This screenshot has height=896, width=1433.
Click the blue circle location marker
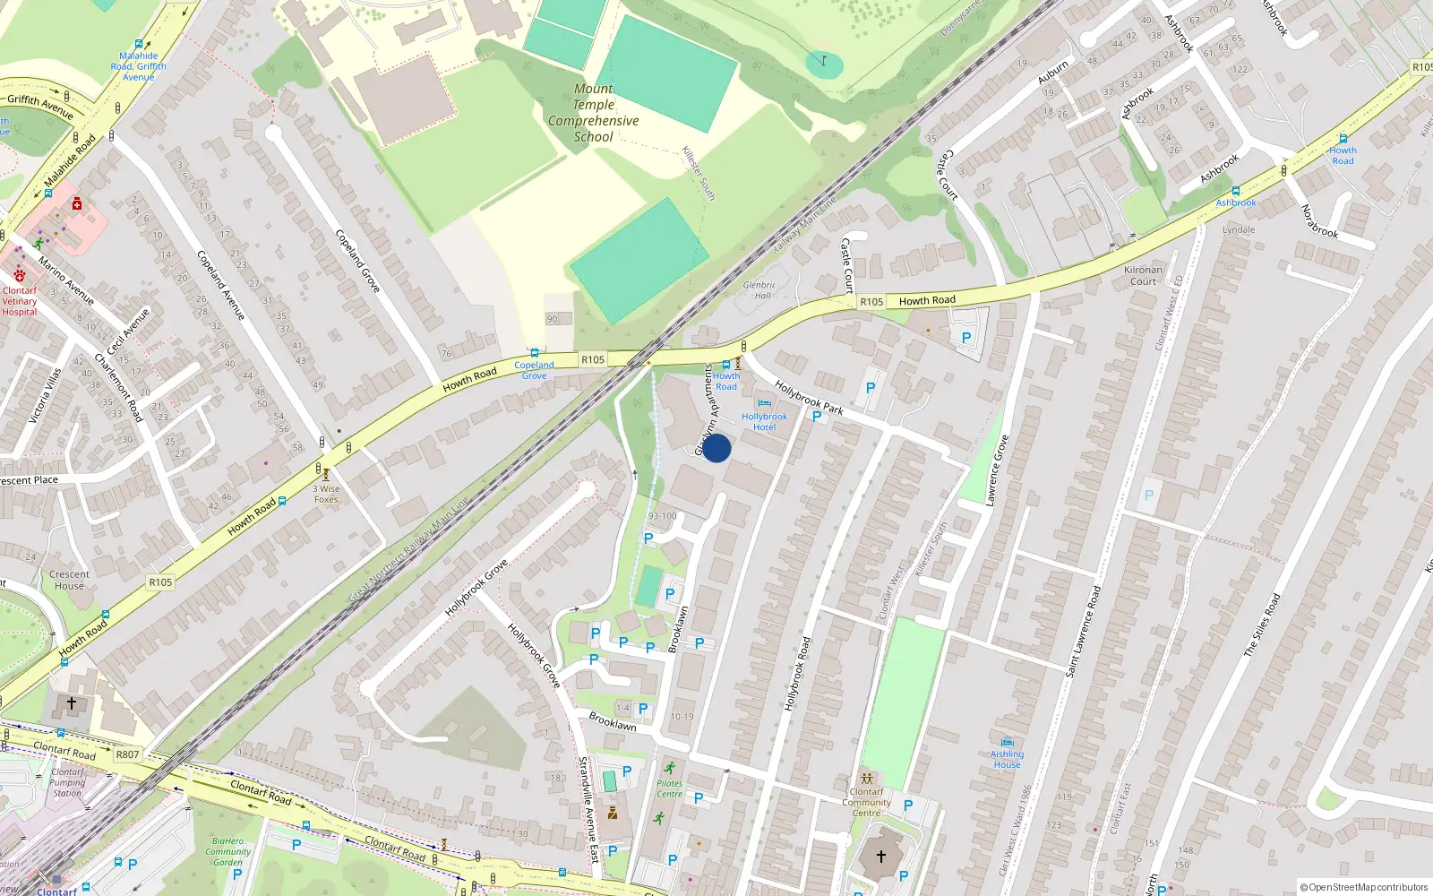pyautogui.click(x=716, y=448)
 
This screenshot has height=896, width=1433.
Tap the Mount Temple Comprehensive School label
pyautogui.click(x=594, y=113)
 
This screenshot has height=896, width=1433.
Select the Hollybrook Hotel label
pyautogui.click(x=764, y=421)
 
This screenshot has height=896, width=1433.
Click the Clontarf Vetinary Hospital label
pyautogui.click(x=20, y=301)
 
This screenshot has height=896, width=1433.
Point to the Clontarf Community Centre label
pyautogui.click(x=866, y=802)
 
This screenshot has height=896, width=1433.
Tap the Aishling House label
pyautogui.click(x=1007, y=759)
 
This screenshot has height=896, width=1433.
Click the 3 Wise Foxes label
pyautogui.click(x=327, y=494)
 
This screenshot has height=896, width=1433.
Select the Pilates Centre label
pyautogui.click(x=669, y=788)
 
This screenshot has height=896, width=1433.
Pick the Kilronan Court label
pyautogui.click(x=1143, y=275)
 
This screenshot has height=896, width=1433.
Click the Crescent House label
pyautogui.click(x=69, y=580)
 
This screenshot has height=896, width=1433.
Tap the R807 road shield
pyautogui.click(x=127, y=754)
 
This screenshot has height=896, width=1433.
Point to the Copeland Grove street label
pyautogui.click(x=358, y=261)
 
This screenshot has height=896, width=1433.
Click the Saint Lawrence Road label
pyautogui.click(x=1083, y=631)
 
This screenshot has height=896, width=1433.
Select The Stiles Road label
pyautogui.click(x=1262, y=625)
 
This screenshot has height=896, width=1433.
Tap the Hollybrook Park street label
pyautogui.click(x=809, y=398)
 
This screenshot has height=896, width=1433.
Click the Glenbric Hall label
pyautogui.click(x=759, y=289)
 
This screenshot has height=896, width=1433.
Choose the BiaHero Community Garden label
pyautogui.click(x=227, y=851)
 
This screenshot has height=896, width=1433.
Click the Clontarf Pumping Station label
pyautogui.click(x=67, y=782)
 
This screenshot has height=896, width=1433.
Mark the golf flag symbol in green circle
pyautogui.click(x=823, y=62)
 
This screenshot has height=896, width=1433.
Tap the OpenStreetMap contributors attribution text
pyautogui.click(x=1363, y=887)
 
